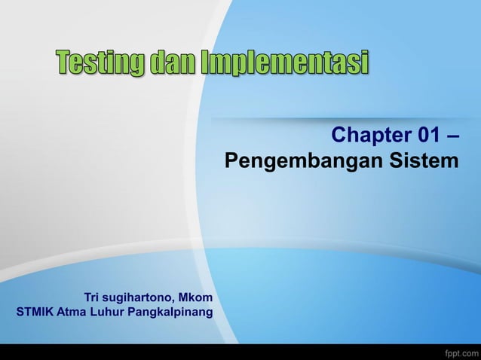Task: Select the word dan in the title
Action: tap(171, 63)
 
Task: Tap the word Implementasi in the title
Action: tap(284, 63)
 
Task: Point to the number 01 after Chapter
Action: tap(427, 136)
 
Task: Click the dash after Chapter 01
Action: tap(453, 136)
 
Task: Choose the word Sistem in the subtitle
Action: tap(423, 161)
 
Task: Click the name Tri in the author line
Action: tap(93, 297)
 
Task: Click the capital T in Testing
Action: tap(62, 63)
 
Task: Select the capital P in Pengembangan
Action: tap(231, 161)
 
